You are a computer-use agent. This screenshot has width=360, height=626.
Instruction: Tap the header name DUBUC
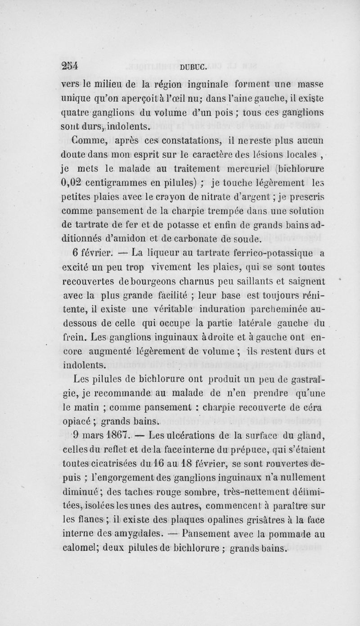[x=192, y=68]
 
